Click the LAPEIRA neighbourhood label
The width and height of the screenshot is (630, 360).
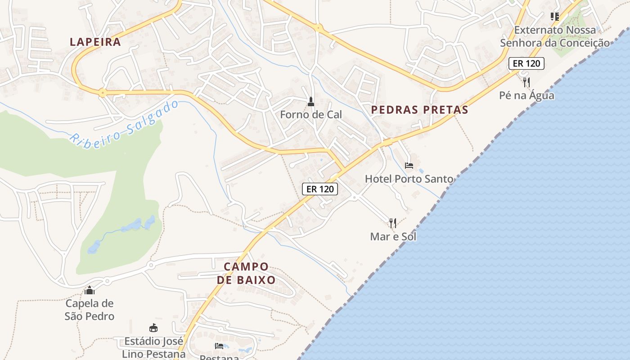(95, 42)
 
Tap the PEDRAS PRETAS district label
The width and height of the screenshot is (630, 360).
(419, 109)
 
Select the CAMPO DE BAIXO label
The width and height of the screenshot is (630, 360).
(246, 273)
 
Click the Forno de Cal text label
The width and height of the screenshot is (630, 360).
(311, 115)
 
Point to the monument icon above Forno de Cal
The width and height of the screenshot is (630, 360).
(310, 102)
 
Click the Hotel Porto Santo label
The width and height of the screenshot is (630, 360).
(409, 179)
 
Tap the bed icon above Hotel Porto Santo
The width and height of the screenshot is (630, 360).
(409, 166)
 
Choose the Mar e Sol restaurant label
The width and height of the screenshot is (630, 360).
(393, 236)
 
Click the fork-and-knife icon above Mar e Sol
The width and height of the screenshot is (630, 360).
(393, 223)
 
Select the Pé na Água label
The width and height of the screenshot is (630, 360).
(526, 95)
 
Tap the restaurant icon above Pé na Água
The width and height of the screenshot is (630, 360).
(526, 82)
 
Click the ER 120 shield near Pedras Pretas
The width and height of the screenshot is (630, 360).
(526, 63)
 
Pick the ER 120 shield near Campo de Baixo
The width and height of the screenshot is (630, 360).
(320, 189)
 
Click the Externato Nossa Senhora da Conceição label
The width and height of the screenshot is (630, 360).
(555, 36)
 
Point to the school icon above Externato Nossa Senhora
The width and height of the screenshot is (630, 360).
(555, 17)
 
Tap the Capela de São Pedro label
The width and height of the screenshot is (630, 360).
(90, 310)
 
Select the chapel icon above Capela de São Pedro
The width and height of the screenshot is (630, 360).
(90, 290)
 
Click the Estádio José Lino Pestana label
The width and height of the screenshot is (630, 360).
(154, 347)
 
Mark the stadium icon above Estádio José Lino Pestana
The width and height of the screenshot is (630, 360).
(153, 328)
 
